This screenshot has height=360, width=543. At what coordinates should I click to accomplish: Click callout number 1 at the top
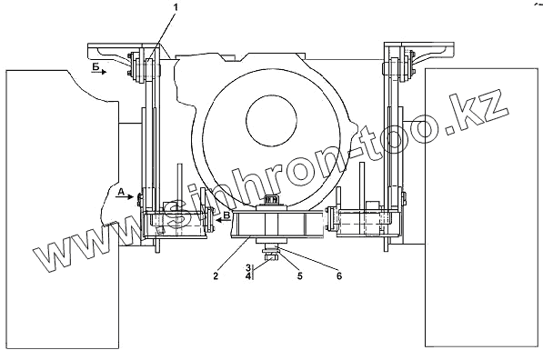click(x=176, y=7)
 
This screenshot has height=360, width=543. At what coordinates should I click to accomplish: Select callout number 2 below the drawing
click(x=216, y=275)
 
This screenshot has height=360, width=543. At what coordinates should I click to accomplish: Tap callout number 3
click(x=248, y=267)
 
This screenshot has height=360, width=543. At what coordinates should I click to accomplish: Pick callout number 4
click(x=248, y=275)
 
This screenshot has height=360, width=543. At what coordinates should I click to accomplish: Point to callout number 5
click(x=300, y=275)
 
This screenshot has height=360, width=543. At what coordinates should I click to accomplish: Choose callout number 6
click(x=339, y=275)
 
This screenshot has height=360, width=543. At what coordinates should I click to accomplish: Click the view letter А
click(x=120, y=192)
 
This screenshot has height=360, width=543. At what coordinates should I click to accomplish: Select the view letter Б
click(x=96, y=66)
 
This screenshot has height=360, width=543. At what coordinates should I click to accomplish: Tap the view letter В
click(x=226, y=215)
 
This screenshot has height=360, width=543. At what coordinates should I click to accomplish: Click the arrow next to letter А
click(x=126, y=196)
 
